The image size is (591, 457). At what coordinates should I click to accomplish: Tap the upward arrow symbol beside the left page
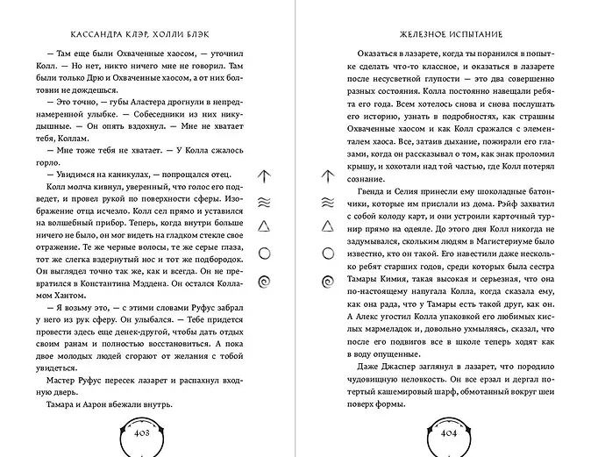263,175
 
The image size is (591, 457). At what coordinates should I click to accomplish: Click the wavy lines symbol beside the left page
263,202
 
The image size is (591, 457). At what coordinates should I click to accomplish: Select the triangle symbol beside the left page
263,227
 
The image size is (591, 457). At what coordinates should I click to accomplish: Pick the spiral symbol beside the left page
263,281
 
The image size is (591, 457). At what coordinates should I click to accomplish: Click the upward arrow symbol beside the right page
327,175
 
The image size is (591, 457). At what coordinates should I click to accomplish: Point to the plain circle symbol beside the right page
327,254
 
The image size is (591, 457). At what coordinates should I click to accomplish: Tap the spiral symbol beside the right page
327,281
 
